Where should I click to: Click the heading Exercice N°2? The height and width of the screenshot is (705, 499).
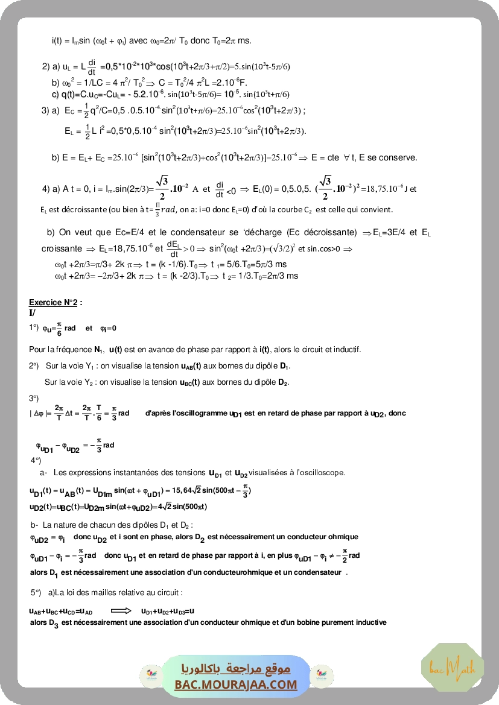pyautogui.click(x=56, y=302)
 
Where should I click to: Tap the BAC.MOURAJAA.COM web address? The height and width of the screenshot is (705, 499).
pyautogui.click(x=236, y=684)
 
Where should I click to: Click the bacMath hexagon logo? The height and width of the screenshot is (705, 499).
pyautogui.click(x=443, y=667)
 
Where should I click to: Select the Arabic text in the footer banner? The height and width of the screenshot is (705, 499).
pyautogui.click(x=236, y=669)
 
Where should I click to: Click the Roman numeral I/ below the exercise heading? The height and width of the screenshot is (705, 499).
pyautogui.click(x=32, y=312)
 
